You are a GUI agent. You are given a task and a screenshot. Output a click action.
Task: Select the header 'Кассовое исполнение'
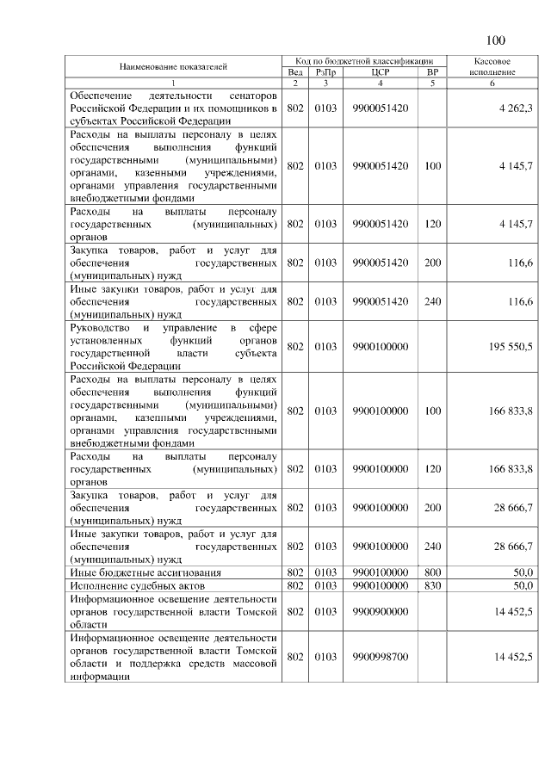click(494, 67)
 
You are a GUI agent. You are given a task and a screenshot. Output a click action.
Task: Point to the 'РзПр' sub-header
click(325, 72)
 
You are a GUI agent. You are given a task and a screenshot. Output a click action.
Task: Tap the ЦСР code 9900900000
click(380, 611)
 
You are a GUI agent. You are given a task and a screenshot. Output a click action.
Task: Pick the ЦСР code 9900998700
click(380, 657)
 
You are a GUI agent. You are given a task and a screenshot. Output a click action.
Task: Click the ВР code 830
click(432, 585)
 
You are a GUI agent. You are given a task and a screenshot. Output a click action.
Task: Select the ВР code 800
click(432, 572)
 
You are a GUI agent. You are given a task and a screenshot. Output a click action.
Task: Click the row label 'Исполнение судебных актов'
click(137, 585)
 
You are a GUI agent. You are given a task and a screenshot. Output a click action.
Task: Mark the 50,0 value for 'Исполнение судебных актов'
click(523, 585)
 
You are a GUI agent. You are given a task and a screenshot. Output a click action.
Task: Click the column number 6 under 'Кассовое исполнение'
click(494, 83)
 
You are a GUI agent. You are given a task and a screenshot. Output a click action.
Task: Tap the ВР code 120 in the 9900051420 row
click(432, 224)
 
